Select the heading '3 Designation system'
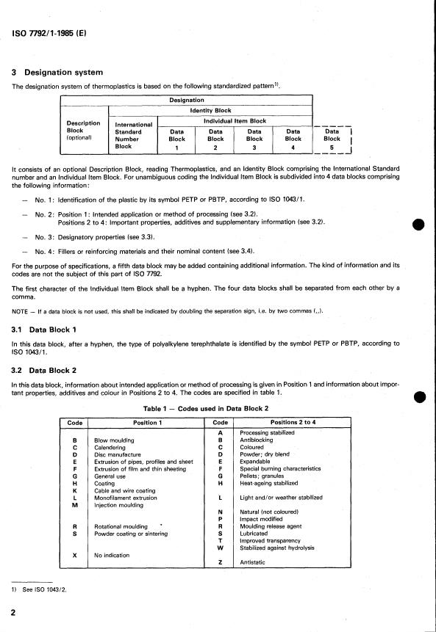[x=63, y=72]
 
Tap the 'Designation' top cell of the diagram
[x=187, y=100]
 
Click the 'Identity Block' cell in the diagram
[x=211, y=110]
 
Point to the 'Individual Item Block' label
[x=235, y=120]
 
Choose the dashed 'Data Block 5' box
[x=332, y=139]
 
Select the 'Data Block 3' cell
[x=254, y=139]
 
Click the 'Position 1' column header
[x=151, y=423]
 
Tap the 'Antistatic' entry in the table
[x=254, y=562]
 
